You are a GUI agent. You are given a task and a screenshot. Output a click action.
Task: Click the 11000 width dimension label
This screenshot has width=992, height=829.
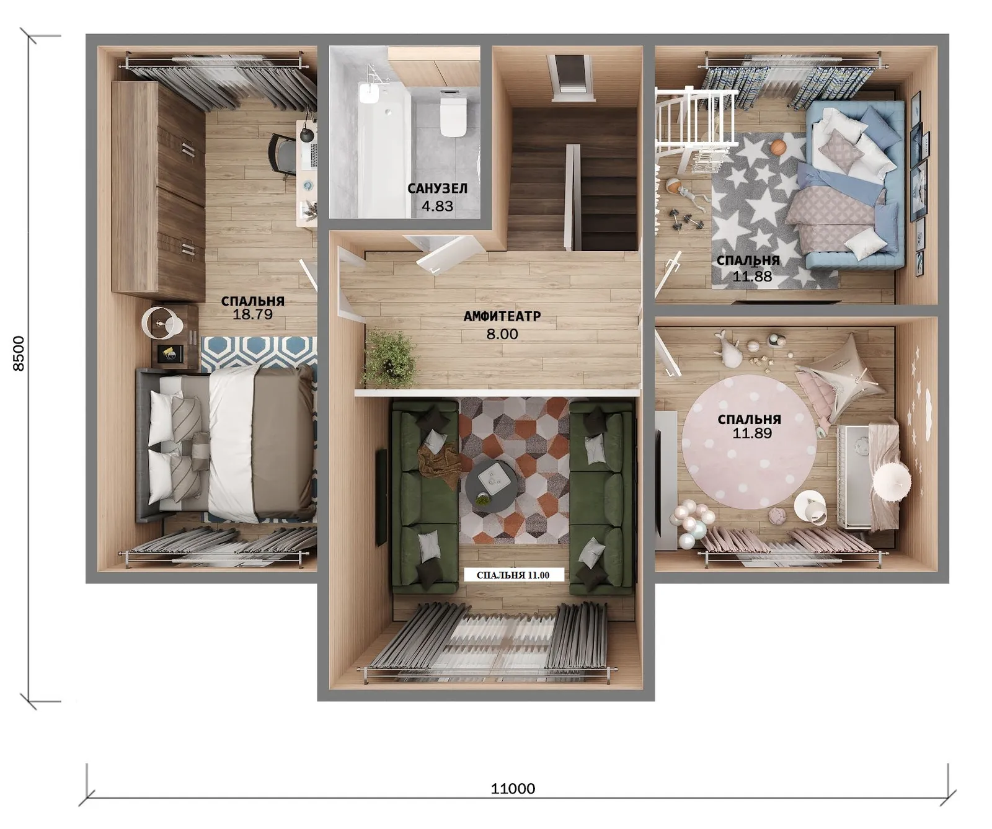513,789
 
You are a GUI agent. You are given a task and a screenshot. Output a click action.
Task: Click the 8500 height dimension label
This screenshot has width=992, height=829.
19,353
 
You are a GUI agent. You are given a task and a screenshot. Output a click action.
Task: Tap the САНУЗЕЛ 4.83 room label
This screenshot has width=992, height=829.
438,197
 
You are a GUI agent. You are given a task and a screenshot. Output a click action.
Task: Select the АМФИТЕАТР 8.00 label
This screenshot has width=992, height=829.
502,325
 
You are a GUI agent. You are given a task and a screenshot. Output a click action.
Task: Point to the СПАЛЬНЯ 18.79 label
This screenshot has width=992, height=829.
253,308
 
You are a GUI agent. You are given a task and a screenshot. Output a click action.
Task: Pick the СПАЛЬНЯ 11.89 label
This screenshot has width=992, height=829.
750,426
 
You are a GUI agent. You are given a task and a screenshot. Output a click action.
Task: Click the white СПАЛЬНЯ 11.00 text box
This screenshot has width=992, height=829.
513,575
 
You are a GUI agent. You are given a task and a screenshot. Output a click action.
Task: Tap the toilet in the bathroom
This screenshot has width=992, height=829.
453,113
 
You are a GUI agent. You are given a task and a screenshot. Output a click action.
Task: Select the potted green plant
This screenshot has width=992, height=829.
389,358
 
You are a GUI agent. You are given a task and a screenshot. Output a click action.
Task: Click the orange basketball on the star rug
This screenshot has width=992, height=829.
779,148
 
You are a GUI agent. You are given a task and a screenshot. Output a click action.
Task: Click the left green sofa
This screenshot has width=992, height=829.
425,496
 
